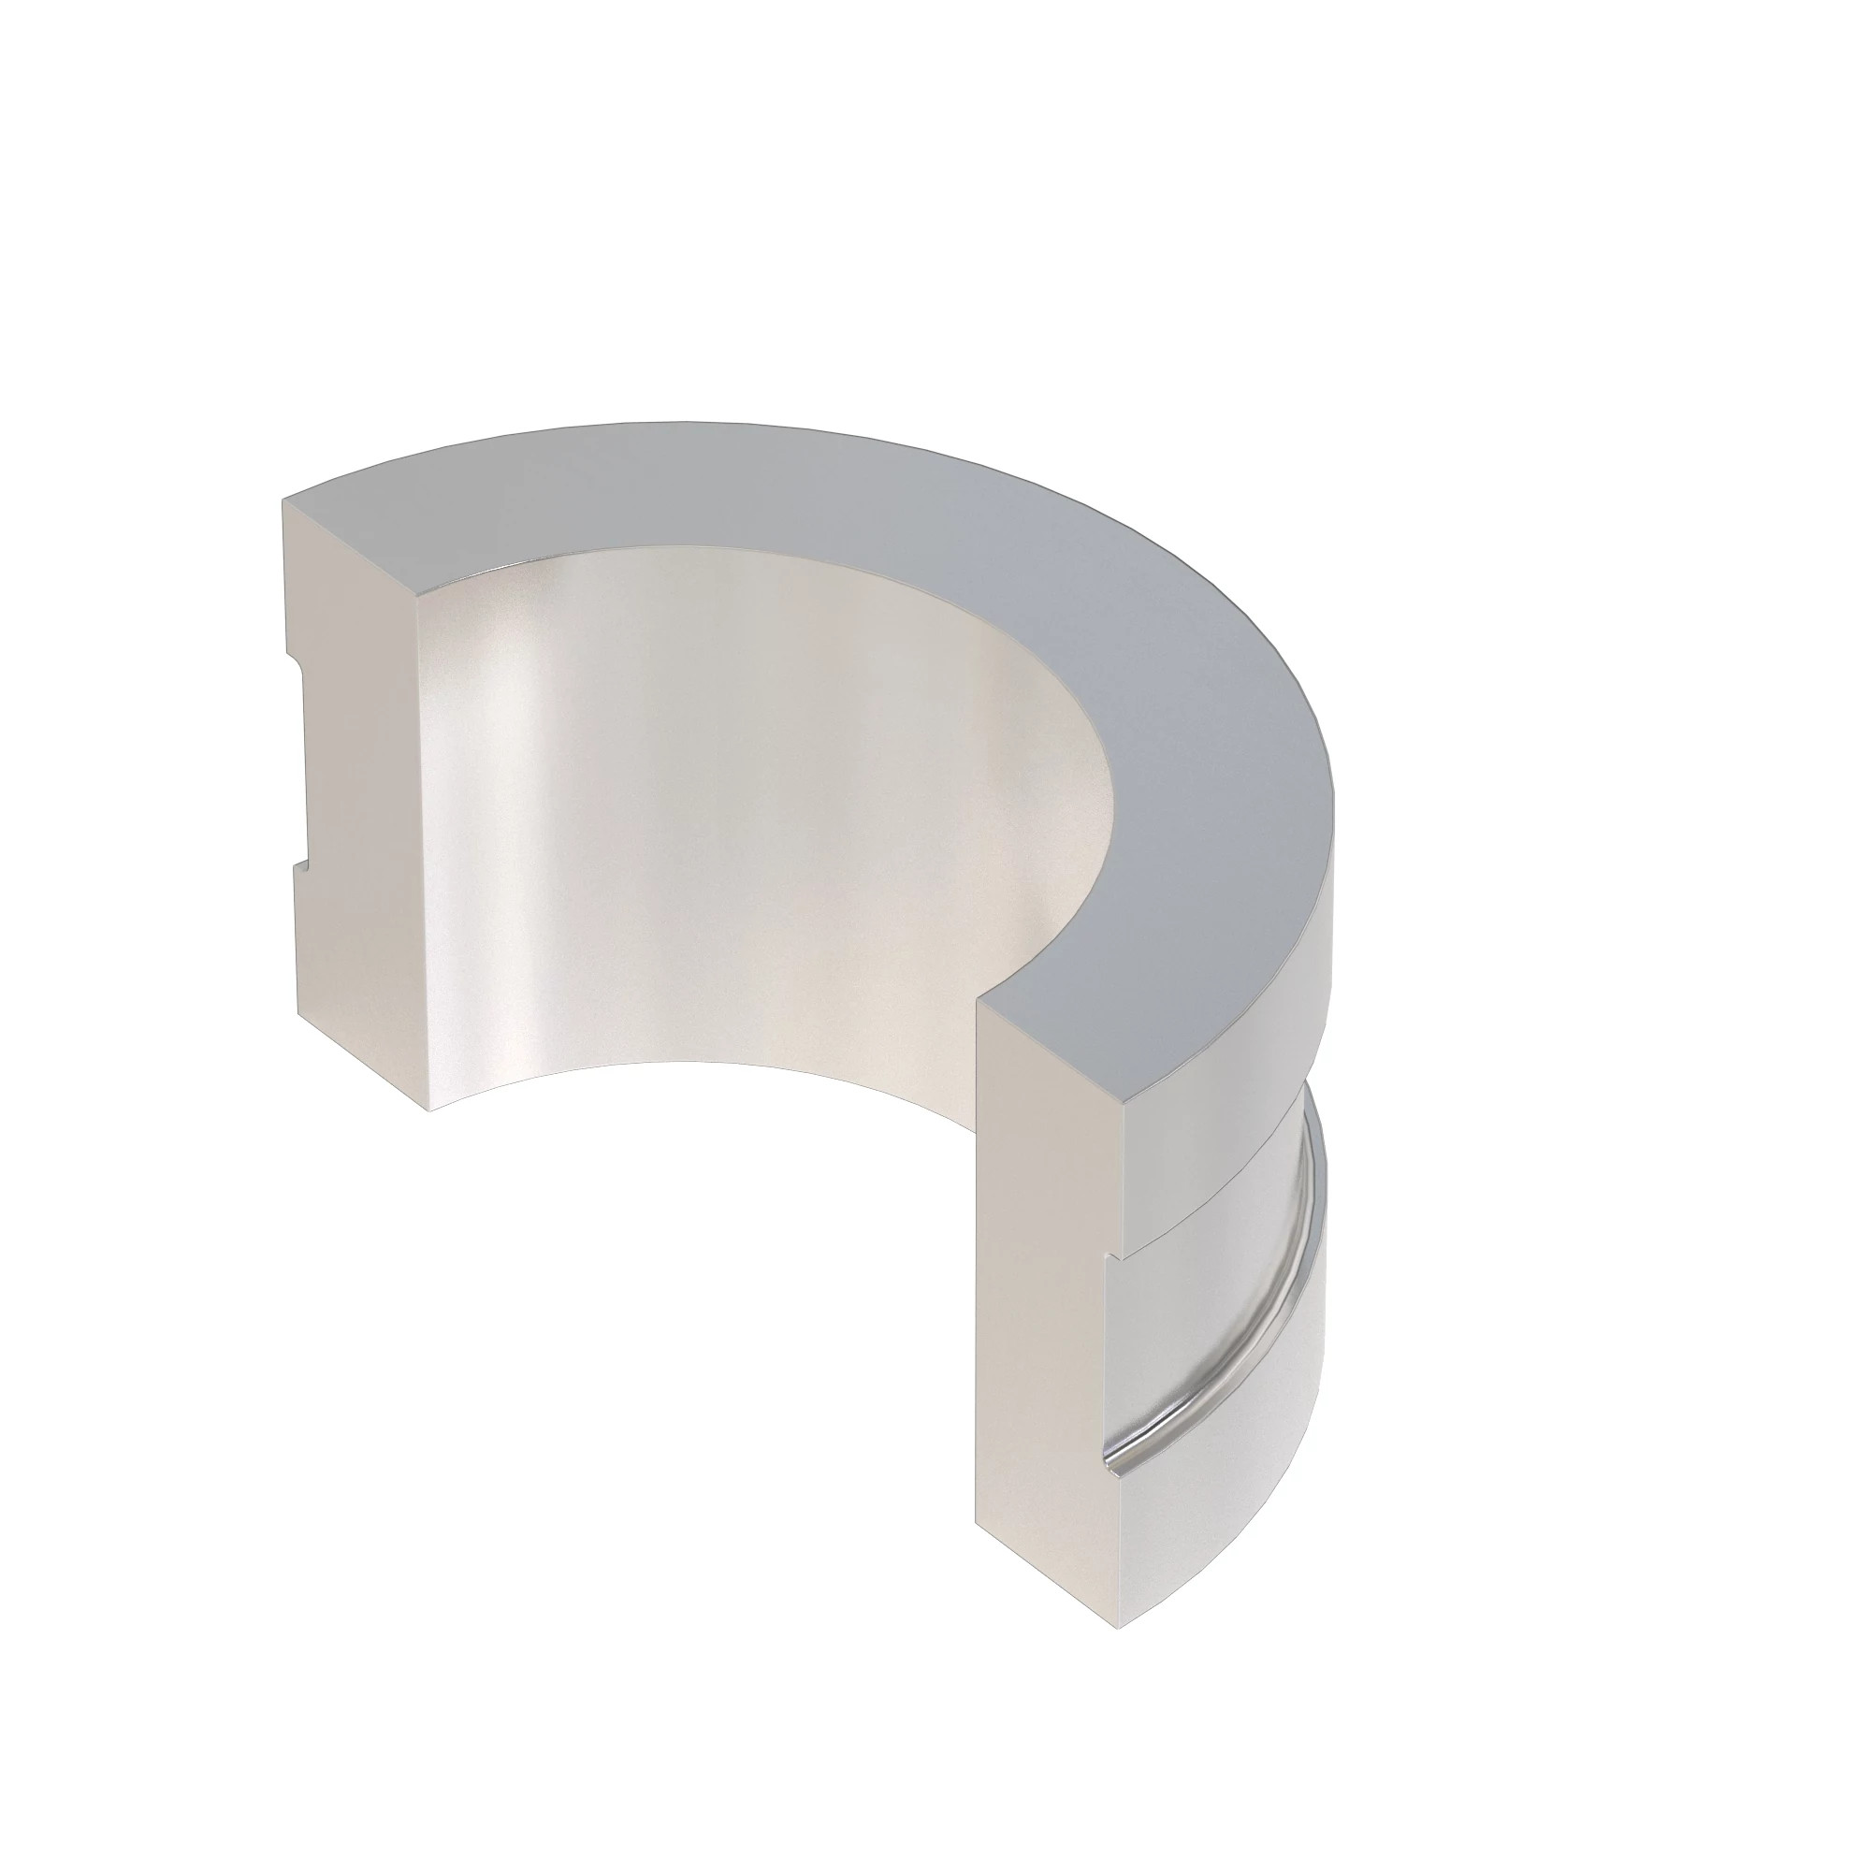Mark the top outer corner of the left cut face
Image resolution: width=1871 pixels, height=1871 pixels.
tap(283, 500)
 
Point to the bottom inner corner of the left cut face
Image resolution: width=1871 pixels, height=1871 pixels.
tap(429, 1110)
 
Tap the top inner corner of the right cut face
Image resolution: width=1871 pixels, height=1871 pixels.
tap(979, 1002)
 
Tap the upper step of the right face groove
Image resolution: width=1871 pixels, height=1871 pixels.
tap(1113, 1257)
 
